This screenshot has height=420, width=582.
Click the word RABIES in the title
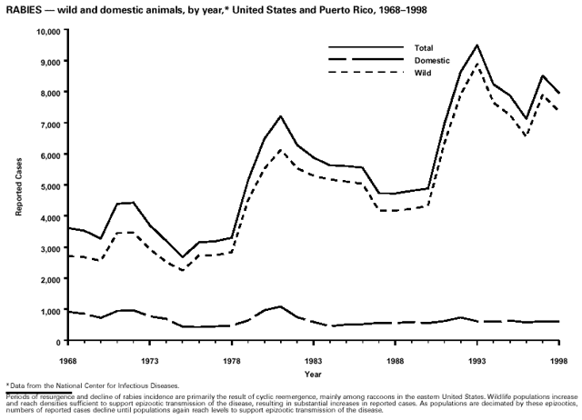point(21,8)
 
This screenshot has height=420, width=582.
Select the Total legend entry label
point(424,47)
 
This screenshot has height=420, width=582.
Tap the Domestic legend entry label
point(431,60)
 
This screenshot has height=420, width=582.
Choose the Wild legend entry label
point(422,73)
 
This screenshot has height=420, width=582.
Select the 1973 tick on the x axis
point(150,360)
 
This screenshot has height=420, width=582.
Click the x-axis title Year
point(313,374)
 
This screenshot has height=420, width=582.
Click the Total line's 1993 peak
point(477,45)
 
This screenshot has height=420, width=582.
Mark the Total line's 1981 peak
point(281,116)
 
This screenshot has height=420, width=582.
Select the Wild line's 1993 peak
point(477,64)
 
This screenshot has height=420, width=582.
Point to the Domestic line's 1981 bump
point(281,306)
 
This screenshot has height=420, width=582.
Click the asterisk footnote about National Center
point(91,386)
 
